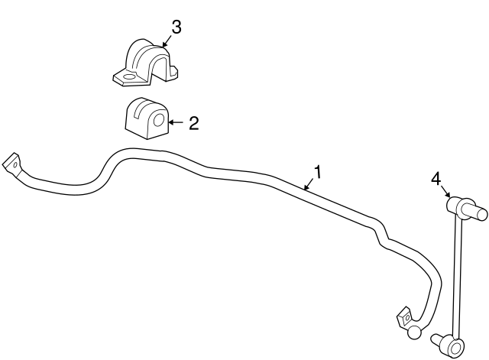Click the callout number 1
(317, 172)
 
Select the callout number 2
(193, 123)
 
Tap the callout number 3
(176, 27)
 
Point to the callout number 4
(436, 180)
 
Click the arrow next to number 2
(176, 122)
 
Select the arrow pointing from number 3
(167, 41)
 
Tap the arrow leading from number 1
(309, 184)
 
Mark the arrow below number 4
(446, 192)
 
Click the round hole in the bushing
(159, 120)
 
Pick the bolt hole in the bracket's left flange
(128, 77)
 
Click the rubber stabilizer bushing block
(147, 118)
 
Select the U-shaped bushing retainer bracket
(145, 63)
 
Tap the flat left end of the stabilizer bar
(12, 165)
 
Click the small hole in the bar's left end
(15, 165)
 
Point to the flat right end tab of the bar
(404, 317)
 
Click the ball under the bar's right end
(414, 332)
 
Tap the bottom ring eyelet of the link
(455, 346)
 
